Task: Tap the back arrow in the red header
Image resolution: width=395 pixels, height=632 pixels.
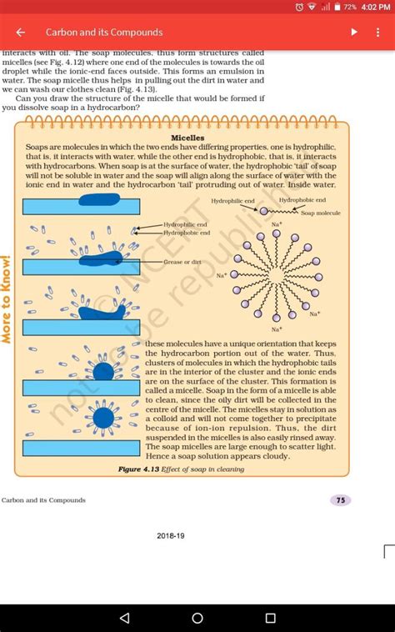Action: click(21, 33)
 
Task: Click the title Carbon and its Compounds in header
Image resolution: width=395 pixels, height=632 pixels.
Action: click(104, 33)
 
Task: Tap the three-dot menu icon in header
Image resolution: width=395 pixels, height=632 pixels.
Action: click(377, 33)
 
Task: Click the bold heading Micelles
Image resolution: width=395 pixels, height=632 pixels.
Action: click(187, 138)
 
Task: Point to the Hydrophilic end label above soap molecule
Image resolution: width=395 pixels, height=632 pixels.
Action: click(232, 202)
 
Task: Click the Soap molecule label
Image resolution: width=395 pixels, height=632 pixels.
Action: click(321, 213)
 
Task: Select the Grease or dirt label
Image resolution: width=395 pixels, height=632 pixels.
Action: click(182, 262)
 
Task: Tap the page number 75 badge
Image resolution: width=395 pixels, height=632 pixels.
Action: click(339, 500)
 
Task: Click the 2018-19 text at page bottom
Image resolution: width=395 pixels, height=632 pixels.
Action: click(171, 536)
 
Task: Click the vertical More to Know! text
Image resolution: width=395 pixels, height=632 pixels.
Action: click(7, 298)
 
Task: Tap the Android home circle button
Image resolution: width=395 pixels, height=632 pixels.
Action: click(197, 618)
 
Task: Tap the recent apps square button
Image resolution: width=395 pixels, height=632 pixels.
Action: click(270, 618)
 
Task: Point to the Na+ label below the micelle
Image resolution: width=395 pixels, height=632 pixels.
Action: click(276, 329)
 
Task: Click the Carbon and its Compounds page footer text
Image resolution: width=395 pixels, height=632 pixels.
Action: click(43, 500)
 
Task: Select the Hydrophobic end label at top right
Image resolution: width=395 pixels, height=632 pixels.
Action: click(302, 200)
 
